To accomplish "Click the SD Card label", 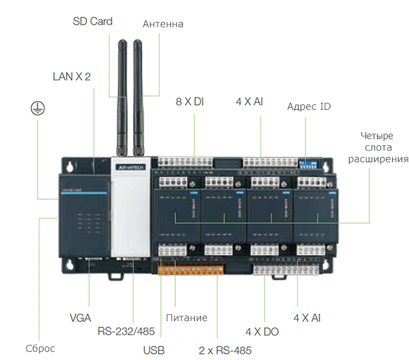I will [x=93, y=22].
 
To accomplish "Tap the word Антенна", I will [x=163, y=24].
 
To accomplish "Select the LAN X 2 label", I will [x=72, y=76].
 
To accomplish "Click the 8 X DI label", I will [x=190, y=102].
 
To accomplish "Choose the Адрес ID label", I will [x=309, y=106].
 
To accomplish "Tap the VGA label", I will [x=80, y=318].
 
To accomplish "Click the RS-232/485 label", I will [x=126, y=331].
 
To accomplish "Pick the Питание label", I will [x=186, y=318].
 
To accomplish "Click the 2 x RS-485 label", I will [x=225, y=351].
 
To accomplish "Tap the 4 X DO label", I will [x=262, y=331].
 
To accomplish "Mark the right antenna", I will [x=139, y=95].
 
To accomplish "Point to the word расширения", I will [x=378, y=160].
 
